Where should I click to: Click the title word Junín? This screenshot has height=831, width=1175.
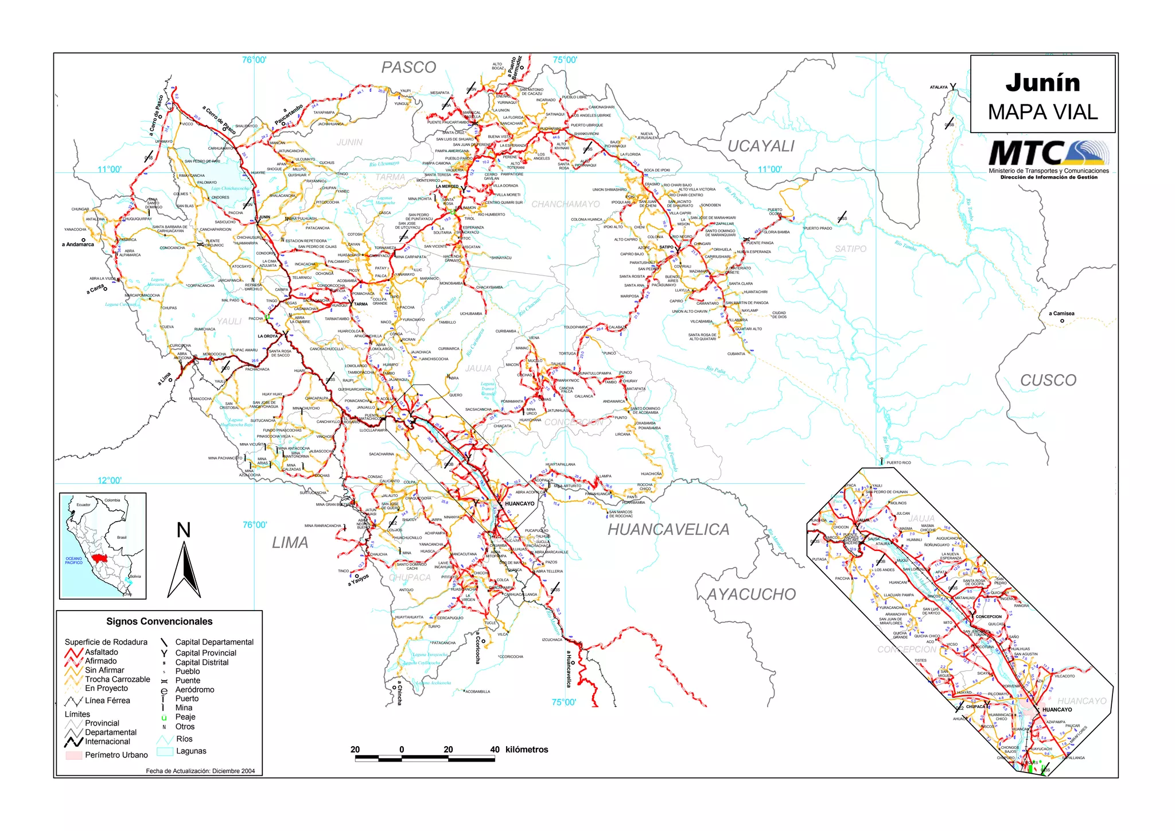tap(1042, 83)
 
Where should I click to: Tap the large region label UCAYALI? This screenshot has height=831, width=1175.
tap(761, 146)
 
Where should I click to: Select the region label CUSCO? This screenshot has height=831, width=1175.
tap(1048, 380)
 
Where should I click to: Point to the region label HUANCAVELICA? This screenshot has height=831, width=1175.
tap(668, 529)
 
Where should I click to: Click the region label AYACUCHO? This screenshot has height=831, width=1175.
tap(751, 595)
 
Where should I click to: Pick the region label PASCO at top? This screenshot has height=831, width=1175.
tap(408, 68)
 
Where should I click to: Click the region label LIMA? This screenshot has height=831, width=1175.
tap(290, 542)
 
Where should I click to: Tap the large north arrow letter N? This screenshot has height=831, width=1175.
tap(184, 530)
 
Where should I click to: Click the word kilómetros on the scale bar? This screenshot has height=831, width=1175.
tap(527, 750)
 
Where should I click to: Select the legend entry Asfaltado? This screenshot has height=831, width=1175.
tap(102, 652)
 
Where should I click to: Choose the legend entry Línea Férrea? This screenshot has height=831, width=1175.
tap(107, 700)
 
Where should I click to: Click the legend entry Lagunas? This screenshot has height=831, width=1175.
tap(191, 751)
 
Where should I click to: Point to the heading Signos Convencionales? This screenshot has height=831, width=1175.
tap(159, 622)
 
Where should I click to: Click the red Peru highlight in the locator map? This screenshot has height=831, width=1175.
tap(100, 558)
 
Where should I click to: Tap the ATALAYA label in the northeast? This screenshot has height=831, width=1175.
tap(939, 87)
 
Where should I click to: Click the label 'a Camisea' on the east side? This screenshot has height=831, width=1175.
tap(1061, 313)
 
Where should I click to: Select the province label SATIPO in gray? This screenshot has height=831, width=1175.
tap(850, 248)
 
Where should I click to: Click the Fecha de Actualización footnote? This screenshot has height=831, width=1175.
tap(200, 771)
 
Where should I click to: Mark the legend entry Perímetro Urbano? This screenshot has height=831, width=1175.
tap(116, 755)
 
